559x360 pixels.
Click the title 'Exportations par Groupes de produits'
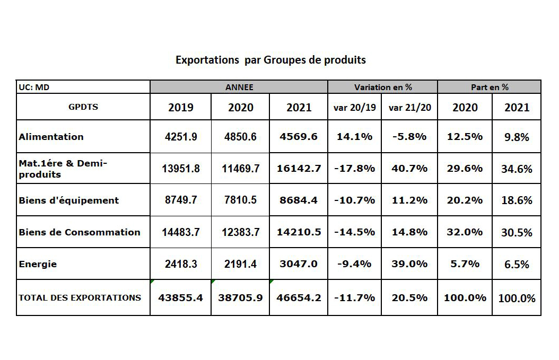[270, 60]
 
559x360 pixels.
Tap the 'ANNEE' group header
[239, 87]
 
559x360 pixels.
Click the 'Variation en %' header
[383, 87]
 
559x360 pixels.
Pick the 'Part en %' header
[490, 87]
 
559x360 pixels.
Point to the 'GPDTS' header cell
[83, 107]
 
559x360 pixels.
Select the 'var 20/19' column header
[355, 108]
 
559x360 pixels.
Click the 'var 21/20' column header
[410, 108]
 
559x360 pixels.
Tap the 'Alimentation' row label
[51, 136]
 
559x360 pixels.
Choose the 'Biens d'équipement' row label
[69, 200]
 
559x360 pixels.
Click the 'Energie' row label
[38, 264]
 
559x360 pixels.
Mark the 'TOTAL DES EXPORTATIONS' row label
[80, 297]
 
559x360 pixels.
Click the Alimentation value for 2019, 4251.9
[181, 137]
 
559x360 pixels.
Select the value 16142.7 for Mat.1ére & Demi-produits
[299, 169]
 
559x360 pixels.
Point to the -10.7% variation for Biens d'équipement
[355, 200]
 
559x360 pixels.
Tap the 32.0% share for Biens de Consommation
[465, 232]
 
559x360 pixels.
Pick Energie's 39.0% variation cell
[410, 264]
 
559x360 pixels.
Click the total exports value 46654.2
[299, 298]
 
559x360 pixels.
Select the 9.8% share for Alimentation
[517, 137]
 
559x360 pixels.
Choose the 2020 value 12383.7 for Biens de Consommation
[241, 232]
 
